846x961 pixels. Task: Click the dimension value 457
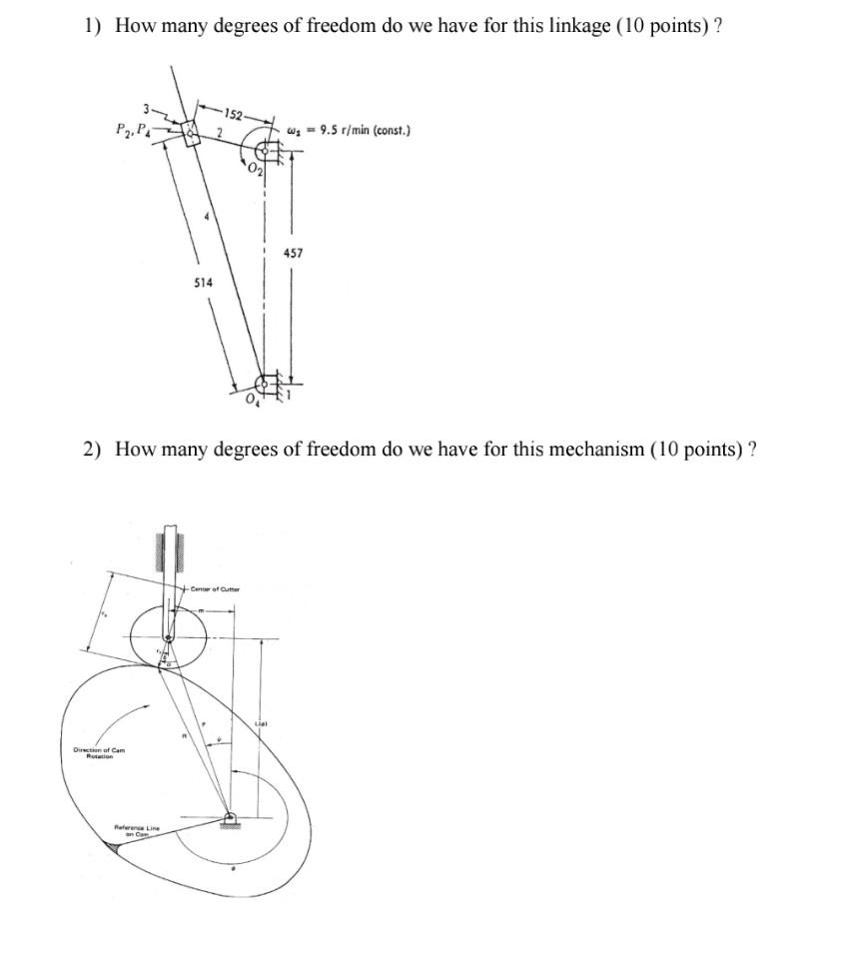pyautogui.click(x=293, y=254)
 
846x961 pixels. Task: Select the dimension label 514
pyautogui.click(x=203, y=284)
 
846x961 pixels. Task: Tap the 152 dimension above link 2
pyautogui.click(x=233, y=112)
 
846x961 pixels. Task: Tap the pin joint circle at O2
pyautogui.click(x=263, y=151)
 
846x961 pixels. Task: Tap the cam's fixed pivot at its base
pyautogui.click(x=232, y=817)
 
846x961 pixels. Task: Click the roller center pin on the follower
pyautogui.click(x=168, y=636)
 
